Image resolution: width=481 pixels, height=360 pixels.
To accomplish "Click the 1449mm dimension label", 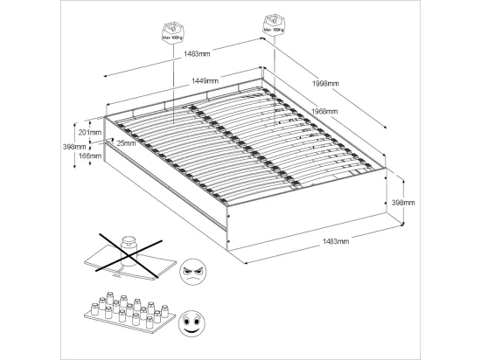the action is (206, 81).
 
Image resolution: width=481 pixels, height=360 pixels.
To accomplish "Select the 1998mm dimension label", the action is (325, 83).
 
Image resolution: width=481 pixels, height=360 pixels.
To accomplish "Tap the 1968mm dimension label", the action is (324, 111).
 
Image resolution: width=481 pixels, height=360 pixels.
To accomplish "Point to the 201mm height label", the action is (90, 133).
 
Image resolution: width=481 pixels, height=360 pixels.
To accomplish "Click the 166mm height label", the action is (90, 156).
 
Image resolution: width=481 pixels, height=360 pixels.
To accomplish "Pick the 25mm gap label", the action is (126, 143).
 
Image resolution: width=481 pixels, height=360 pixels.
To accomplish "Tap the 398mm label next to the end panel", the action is (403, 203).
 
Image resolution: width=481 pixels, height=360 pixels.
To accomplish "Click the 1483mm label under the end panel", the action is (336, 241).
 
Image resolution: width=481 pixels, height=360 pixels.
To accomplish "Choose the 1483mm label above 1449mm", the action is (197, 54).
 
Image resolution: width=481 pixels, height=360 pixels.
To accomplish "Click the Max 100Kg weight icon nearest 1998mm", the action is (274, 24).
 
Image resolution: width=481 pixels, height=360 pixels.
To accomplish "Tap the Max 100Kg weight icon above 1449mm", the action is (173, 31).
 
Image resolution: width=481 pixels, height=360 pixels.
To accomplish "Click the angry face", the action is (192, 271).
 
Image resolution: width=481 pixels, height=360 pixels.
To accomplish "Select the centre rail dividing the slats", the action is (244, 146).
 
